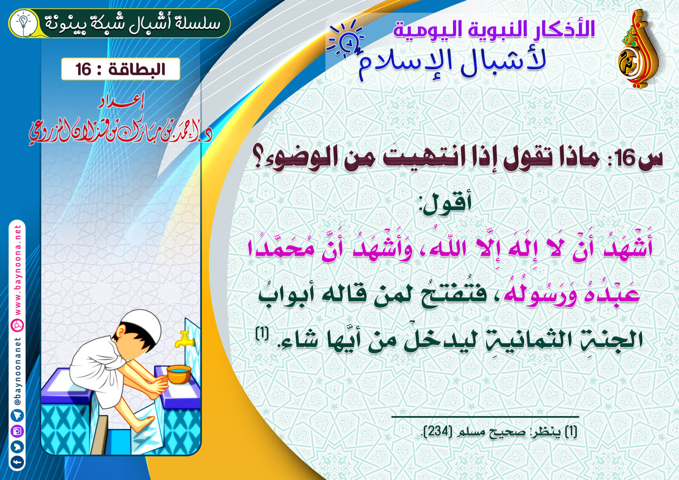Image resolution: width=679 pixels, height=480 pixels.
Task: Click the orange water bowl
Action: (179, 374)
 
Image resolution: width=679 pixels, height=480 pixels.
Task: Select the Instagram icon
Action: (17, 431)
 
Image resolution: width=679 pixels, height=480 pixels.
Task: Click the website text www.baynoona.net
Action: (18, 270)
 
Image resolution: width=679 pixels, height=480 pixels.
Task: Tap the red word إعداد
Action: (121, 103)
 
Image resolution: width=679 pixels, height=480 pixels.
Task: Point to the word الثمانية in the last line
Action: (521, 339)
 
